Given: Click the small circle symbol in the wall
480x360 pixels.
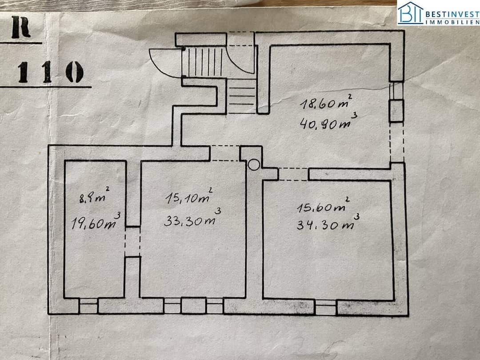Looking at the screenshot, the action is click(254, 165).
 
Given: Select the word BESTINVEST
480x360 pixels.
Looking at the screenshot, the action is click(452, 14).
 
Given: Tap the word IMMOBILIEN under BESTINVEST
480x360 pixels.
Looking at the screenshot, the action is click(453, 22).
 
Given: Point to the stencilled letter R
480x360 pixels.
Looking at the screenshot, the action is click(21, 27).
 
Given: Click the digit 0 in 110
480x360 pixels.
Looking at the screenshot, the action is click(74, 72).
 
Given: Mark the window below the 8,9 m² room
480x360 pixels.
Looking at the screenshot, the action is click(88, 305).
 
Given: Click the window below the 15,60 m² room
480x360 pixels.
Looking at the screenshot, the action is click(326, 308).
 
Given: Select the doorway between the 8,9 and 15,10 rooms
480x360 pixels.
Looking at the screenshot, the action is click(132, 241).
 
